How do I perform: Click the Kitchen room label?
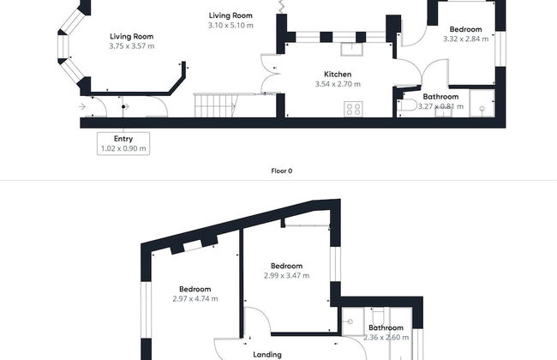(x=338, y=75)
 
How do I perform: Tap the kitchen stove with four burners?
(x=353, y=109)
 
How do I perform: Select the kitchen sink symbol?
(x=351, y=49)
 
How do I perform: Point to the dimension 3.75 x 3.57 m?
(x=132, y=45)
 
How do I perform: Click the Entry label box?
(x=123, y=144)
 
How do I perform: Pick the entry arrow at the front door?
(x=82, y=106)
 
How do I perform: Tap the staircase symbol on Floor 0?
(x=215, y=105)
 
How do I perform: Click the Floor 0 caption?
(x=282, y=171)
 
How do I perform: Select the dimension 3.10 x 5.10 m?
(x=231, y=25)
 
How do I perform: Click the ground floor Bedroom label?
(x=465, y=29)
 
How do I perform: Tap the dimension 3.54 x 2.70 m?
(x=338, y=84)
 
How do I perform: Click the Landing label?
(x=267, y=354)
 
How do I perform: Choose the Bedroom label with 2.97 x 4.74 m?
(x=195, y=289)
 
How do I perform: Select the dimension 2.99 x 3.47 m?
(x=286, y=275)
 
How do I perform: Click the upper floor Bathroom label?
(x=386, y=327)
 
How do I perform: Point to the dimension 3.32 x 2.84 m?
(x=465, y=39)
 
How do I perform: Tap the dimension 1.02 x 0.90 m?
(x=123, y=148)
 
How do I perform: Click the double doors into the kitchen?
(x=271, y=74)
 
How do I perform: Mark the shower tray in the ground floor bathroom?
(x=482, y=104)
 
